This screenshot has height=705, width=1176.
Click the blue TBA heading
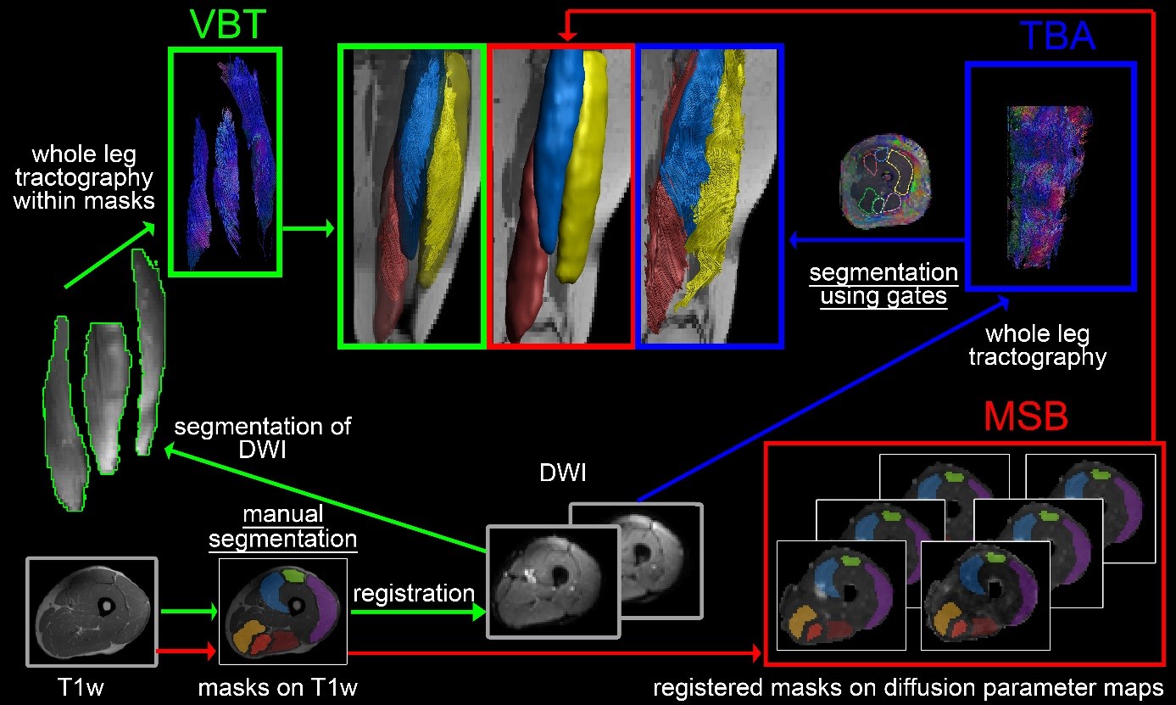1056,36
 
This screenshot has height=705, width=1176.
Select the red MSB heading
1025,418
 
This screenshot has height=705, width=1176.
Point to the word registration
413,592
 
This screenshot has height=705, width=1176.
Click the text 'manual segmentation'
282,526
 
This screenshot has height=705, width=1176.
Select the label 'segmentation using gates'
883,286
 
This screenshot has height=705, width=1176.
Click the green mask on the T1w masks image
294,576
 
